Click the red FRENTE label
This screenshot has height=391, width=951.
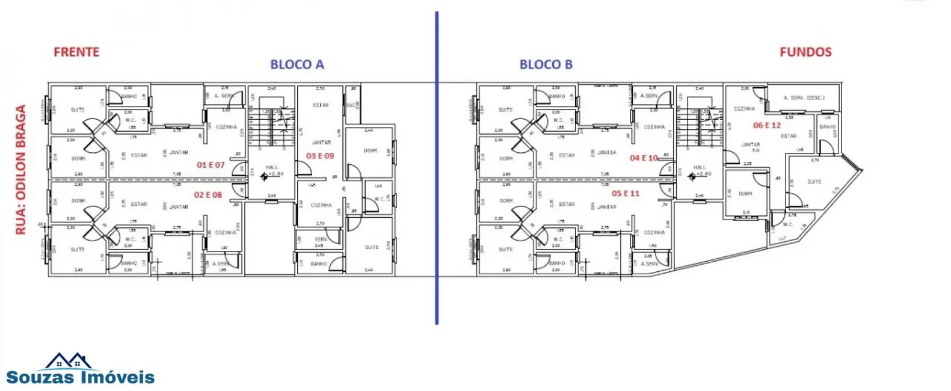click(76, 52)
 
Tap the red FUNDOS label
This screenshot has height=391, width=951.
click(805, 52)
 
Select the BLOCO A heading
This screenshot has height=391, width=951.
click(297, 65)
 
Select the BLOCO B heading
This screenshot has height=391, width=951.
click(546, 65)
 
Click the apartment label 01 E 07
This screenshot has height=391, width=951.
click(211, 165)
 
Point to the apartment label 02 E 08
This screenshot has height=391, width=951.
click(208, 195)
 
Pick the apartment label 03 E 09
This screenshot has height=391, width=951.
click(319, 156)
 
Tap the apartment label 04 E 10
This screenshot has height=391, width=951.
click(644, 158)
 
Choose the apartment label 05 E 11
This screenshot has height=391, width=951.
click(625, 194)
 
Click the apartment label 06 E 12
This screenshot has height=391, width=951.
click(766, 126)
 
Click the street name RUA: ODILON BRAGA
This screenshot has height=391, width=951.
click(21, 170)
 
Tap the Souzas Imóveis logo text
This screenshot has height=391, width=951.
click(81, 378)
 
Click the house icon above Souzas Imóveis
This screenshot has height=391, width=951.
click(68, 361)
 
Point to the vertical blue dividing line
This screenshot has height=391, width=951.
click(436, 168)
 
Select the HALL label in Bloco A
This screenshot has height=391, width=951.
click(271, 167)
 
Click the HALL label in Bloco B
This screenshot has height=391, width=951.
click(699, 167)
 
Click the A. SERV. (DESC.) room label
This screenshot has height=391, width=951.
click(804, 97)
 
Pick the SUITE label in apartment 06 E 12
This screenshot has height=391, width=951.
click(814, 182)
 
